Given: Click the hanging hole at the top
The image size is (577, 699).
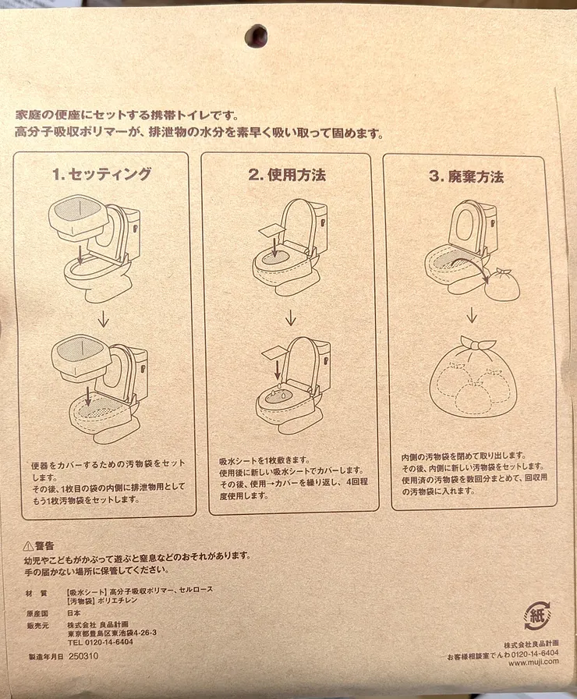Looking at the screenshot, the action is (257, 35).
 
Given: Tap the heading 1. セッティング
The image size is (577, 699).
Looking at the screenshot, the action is (102, 174).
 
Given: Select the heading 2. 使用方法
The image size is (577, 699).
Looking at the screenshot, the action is (288, 175).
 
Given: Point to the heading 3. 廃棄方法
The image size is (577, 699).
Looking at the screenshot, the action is (466, 176).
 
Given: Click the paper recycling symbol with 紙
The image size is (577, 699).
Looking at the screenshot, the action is (537, 616).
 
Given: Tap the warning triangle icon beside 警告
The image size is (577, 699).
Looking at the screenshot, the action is (28, 545).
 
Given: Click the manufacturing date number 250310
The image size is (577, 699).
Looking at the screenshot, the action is (83, 656).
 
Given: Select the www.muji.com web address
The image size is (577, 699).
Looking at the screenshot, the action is (533, 662).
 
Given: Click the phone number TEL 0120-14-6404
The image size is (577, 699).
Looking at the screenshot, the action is (101, 642).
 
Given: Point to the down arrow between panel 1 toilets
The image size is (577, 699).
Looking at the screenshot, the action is (103, 319).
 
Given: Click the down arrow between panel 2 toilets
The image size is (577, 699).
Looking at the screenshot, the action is (291, 318).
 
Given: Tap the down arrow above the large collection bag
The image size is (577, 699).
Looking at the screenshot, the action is (472, 315).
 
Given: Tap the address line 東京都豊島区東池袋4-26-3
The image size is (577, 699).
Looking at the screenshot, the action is (112, 633).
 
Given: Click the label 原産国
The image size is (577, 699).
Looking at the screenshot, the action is (37, 613).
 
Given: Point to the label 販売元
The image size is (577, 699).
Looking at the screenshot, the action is (37, 626).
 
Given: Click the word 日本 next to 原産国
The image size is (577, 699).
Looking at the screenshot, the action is (74, 613).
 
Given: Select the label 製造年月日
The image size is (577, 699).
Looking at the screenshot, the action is (45, 657).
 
